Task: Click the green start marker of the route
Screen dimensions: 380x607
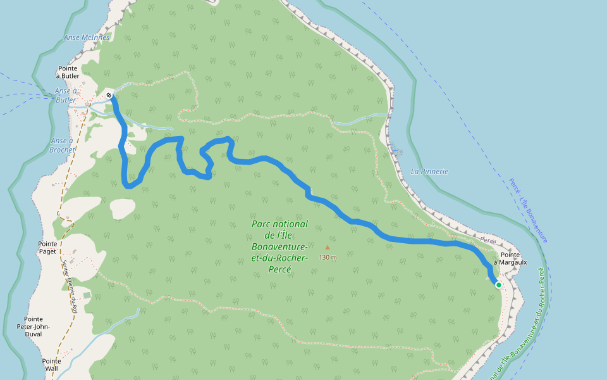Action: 498,285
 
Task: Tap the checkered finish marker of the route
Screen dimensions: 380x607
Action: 109,96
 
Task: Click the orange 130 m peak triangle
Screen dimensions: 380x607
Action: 327,248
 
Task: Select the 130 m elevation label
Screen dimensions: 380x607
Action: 328,257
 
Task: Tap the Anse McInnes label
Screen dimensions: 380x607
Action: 87,37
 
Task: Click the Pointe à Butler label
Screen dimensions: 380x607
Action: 68,72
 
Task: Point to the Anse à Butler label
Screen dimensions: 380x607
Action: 66,95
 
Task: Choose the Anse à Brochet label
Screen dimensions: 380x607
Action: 61,145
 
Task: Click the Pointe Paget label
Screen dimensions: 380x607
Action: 47,248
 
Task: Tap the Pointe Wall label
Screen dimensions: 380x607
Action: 51,365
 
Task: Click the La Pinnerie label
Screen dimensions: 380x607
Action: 429,171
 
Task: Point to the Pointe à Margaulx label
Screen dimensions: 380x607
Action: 510,258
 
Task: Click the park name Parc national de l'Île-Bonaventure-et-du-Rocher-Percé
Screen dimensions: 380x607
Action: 279,246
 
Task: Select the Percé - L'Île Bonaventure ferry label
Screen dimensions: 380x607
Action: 528,210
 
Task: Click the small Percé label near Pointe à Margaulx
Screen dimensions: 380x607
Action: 487,241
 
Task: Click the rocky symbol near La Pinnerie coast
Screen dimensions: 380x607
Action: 396,149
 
